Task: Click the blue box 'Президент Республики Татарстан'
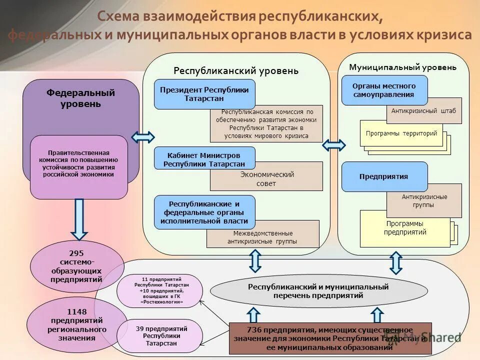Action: (204, 94)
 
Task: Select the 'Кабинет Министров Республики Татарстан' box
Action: (204, 159)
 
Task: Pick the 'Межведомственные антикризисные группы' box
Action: (262, 237)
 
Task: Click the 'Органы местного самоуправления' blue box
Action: (384, 90)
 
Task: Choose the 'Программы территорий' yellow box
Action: (401, 133)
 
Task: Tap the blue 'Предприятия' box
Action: (384, 176)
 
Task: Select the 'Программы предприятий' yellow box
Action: (405, 229)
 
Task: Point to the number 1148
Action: (76, 312)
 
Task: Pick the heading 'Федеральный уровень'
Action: (80, 98)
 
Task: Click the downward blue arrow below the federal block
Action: (79, 219)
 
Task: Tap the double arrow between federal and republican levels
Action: (143, 137)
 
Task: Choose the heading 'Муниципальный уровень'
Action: (402, 67)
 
